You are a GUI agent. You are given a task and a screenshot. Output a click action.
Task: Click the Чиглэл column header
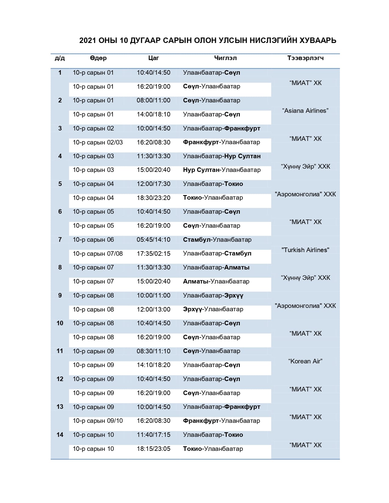tap(225, 58)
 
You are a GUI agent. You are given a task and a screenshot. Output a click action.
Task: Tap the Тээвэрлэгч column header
tap(305, 58)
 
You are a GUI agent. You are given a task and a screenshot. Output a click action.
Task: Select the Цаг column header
tap(153, 58)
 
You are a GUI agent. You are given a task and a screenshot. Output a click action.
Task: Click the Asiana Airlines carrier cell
tap(305, 111)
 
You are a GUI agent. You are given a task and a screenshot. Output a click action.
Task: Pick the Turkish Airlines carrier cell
tap(305, 250)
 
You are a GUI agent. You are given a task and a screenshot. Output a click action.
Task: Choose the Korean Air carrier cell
tap(305, 361)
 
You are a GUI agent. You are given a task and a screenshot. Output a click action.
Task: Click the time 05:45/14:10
tap(153, 240)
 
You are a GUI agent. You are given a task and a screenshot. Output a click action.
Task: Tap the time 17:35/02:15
tap(153, 254)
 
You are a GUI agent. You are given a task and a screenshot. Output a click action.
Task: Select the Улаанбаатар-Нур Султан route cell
tap(222, 156)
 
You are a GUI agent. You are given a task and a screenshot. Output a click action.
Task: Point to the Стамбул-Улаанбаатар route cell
tap(217, 240)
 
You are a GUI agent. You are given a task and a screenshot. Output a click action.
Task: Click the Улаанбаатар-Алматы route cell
tap(216, 267)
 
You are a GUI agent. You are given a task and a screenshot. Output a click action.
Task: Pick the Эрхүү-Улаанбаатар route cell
tap(213, 309)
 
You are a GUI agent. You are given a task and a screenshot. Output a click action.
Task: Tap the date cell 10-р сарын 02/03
tap(98, 142)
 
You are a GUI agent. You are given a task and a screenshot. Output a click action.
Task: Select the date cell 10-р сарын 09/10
tap(98, 421)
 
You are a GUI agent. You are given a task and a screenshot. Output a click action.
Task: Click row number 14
tap(60, 435)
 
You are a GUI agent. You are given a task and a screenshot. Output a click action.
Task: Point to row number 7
tap(60, 240)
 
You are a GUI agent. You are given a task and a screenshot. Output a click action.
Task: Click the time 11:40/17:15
tap(153, 435)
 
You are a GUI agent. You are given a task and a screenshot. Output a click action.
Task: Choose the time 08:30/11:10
tap(153, 351)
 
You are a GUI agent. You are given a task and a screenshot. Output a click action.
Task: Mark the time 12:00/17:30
tap(153, 184)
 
